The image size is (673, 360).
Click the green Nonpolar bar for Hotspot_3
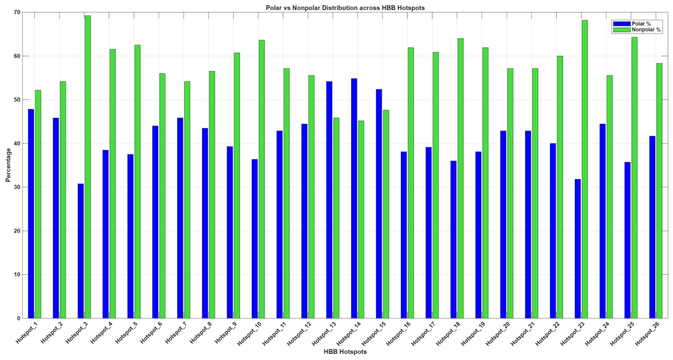point(88,167)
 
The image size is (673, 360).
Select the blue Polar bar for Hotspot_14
point(354,198)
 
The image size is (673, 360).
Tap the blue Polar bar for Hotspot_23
point(578,248)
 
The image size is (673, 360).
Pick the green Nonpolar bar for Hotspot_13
point(336,218)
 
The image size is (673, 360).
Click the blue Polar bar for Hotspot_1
point(31,214)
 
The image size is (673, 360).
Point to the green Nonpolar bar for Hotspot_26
point(659,191)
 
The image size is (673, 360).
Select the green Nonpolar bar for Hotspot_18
point(460,178)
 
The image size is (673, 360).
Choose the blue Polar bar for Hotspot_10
point(255,238)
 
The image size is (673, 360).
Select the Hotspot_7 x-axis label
point(176,333)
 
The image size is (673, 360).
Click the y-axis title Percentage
point(8,165)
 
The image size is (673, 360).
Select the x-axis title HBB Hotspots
point(345,352)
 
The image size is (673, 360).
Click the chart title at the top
point(345,8)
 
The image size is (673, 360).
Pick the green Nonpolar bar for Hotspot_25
point(635,177)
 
